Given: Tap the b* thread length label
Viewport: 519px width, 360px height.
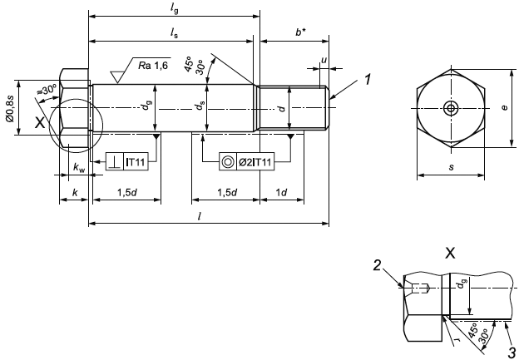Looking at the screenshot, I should pyautogui.click(x=300, y=32).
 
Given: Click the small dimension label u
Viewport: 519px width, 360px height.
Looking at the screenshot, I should pyautogui.click(x=324, y=59).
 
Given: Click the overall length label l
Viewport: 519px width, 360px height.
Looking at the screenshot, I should pyautogui.click(x=208, y=215).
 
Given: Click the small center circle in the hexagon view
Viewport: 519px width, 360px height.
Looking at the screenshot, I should pyautogui.click(x=450, y=108).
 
